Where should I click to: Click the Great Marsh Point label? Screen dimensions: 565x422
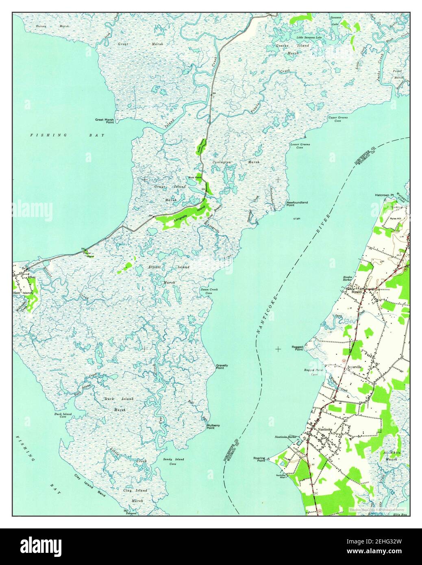(x=104, y=121)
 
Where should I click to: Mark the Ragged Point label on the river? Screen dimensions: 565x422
(x=297, y=348)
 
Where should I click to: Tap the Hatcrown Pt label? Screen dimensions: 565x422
(x=385, y=195)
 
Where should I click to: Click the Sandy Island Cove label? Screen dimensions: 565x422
(x=174, y=461)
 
